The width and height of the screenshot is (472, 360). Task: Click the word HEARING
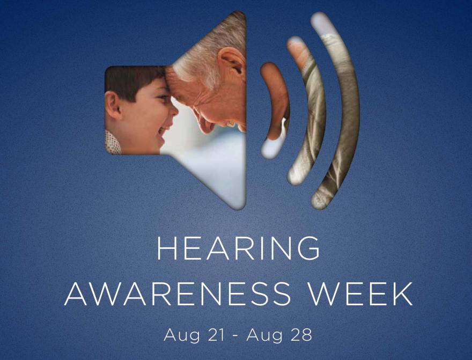click(x=238, y=248)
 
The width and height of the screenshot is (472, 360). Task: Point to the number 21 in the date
click(x=216, y=335)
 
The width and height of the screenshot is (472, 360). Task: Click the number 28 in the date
click(x=303, y=335)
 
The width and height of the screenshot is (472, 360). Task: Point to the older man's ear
click(x=231, y=63)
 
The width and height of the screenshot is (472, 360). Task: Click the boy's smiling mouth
click(x=163, y=132)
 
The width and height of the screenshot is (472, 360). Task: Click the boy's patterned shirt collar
click(x=112, y=142)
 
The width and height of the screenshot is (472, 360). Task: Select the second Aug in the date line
click(x=265, y=335)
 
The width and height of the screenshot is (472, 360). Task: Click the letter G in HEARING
click(x=308, y=248)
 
